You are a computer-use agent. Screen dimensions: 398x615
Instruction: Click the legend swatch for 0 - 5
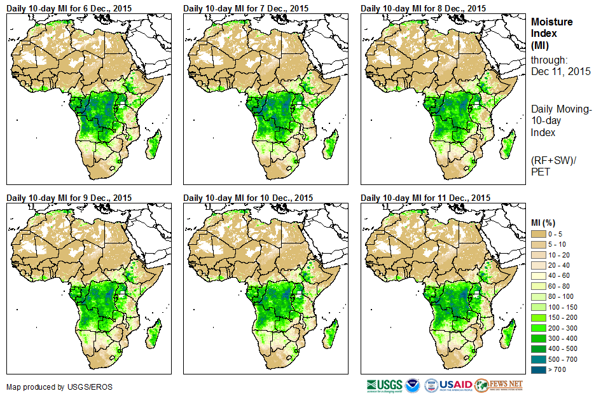tap(539, 234)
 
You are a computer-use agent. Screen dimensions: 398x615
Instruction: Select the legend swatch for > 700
tap(539, 369)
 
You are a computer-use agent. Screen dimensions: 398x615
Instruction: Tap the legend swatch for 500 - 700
tap(539, 359)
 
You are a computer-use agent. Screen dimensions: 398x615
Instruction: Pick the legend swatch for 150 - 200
tap(539, 317)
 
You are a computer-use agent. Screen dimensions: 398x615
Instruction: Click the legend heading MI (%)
tap(546, 222)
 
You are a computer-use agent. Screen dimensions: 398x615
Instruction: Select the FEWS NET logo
tap(499, 385)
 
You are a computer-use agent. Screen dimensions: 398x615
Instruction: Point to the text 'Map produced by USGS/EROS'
tap(52, 387)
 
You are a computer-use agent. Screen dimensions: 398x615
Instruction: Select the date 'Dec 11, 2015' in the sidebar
tap(560, 72)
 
